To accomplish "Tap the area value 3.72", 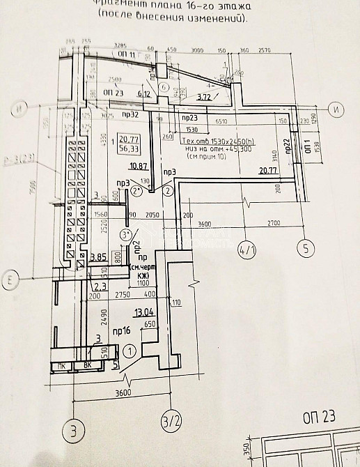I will point(205,97).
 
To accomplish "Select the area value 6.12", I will point(145,93).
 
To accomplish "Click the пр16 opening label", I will point(123,330).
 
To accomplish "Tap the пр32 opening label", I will point(130,114).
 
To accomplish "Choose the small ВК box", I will point(88,365).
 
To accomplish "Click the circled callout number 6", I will point(164,88).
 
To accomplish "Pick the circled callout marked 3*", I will point(126,234).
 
